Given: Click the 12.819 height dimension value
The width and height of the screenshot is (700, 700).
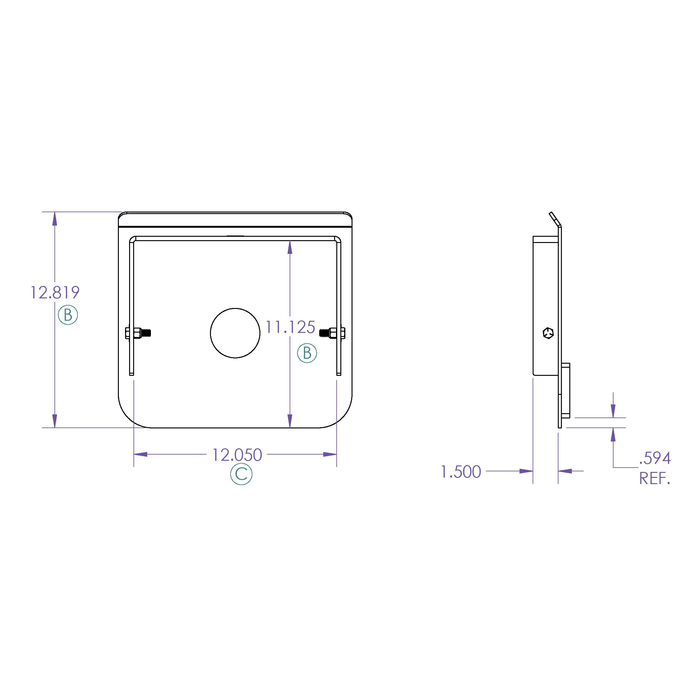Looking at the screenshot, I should pos(55,292).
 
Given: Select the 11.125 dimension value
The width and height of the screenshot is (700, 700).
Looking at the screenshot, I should pos(290,327).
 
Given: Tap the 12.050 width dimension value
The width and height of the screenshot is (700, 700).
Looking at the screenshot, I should pos(237,455).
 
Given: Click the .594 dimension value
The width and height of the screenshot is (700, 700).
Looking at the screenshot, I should pos(655,458).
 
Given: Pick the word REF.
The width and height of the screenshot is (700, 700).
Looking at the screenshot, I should pos(654,478).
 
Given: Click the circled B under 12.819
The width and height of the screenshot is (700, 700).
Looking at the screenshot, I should pos(68,315).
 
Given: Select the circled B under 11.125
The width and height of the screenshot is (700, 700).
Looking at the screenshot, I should pos(307,353).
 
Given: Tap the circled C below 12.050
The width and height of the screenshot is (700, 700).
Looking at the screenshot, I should pos(241,474).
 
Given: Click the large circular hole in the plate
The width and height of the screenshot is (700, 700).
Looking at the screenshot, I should pos(235,333).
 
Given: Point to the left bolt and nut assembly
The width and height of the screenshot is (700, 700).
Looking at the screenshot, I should pos(138,333).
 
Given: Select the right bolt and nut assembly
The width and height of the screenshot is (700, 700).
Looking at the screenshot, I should pos(332,333).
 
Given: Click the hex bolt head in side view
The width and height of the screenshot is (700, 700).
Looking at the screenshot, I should pos(548,333).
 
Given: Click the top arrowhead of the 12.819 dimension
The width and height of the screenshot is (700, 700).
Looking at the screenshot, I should pos(55,219).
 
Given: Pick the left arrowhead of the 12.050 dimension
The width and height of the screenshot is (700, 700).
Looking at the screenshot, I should pos(141,454).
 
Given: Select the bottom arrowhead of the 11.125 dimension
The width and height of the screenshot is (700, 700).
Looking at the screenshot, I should pos(290,421).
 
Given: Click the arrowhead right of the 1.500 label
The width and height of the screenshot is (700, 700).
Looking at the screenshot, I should pos(526,471).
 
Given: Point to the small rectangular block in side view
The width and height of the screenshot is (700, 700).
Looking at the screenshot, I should pos(566,390).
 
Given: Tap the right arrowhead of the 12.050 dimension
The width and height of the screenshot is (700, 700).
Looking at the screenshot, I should pos(330,454).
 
